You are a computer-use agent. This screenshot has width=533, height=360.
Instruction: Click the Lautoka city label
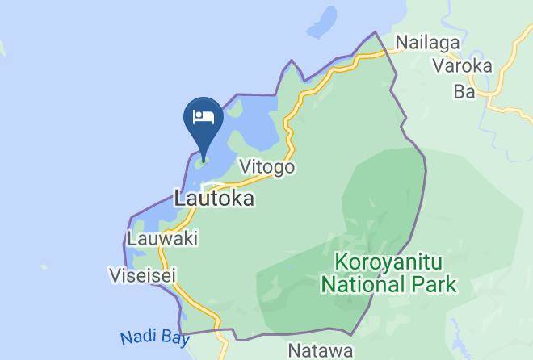(215, 198)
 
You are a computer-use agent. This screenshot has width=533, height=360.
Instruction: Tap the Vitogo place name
(266, 167)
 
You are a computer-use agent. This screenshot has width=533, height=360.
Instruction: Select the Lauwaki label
(162, 239)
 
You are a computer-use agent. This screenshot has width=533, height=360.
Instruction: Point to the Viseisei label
(142, 275)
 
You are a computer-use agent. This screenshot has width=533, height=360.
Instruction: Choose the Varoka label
(462, 66)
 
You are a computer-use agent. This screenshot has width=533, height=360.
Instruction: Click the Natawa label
(321, 351)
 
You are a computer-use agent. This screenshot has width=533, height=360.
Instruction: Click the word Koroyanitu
(388, 264)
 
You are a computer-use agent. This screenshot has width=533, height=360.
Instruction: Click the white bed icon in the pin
(202, 116)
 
